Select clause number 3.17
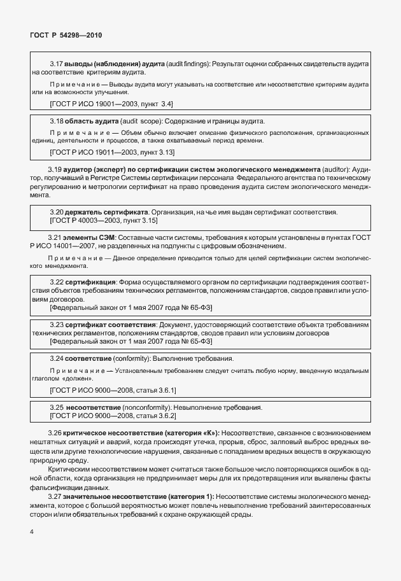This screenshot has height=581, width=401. [57, 65]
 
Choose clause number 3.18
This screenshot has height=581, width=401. [57, 121]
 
